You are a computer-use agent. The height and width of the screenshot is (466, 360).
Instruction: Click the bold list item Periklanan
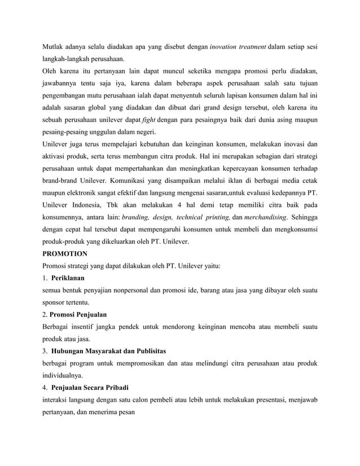[x=68, y=279]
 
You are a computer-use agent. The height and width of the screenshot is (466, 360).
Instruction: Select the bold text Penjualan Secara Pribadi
[x=90, y=388]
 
